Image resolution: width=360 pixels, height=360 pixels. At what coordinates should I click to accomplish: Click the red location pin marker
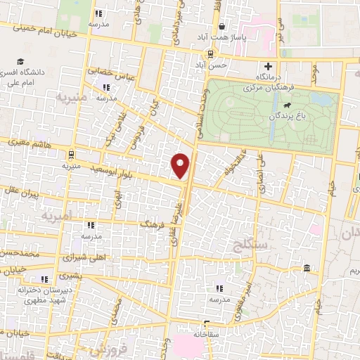pos(181,166)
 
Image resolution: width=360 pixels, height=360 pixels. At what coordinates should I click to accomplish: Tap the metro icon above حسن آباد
pos(210,53)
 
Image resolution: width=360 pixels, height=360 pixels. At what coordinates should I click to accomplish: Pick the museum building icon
pos(307,269)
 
